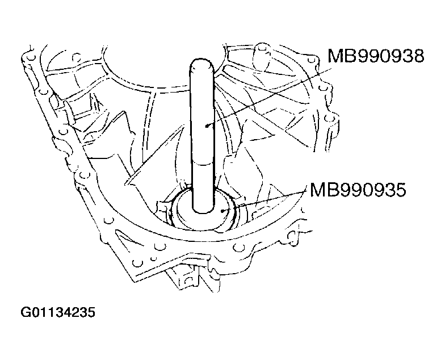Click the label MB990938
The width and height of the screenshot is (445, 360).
point(375,57)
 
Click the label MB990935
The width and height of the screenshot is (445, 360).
point(357,190)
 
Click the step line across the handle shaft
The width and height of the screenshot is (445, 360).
point(203,161)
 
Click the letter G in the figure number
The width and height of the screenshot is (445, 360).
point(26,313)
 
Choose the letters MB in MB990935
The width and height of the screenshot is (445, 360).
point(321,190)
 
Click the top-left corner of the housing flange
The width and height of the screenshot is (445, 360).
point(26,54)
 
